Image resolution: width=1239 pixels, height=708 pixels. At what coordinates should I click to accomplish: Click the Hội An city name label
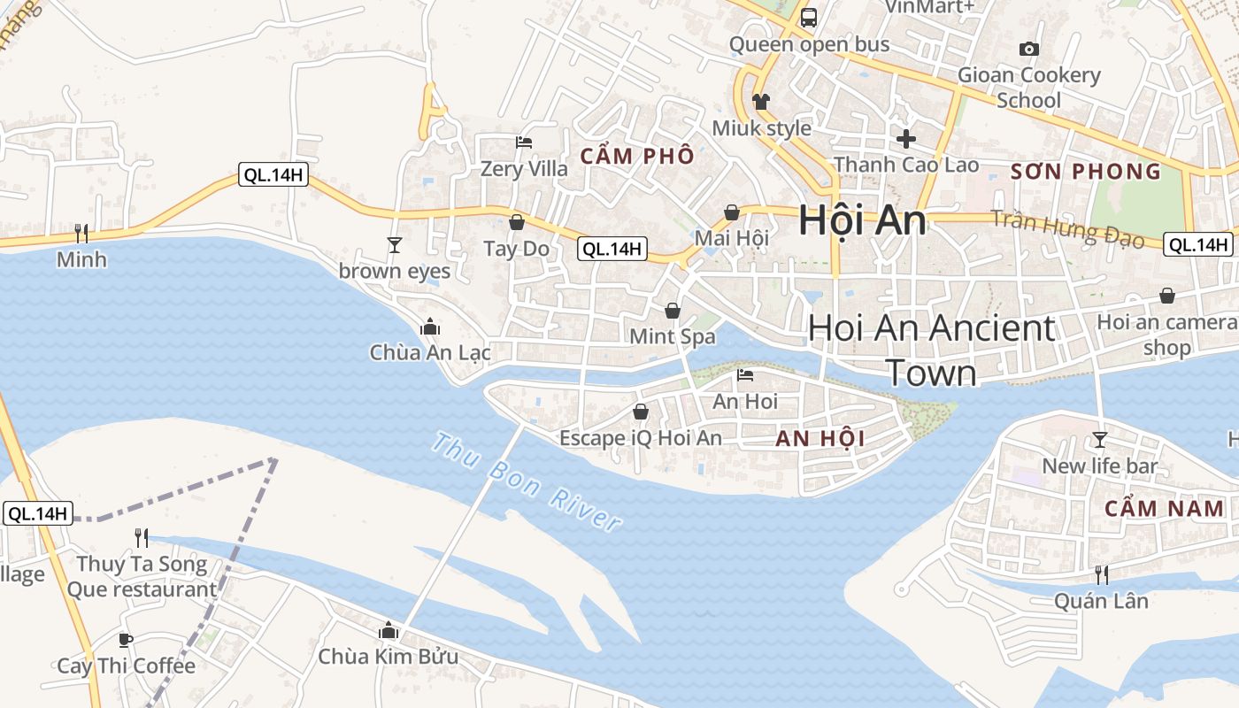click(862, 220)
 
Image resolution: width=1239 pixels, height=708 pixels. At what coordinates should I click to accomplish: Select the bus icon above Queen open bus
click(808, 17)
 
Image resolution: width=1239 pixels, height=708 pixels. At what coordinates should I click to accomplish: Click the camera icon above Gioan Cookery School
click(1028, 49)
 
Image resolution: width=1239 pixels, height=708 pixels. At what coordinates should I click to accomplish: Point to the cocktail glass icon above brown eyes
click(395, 244)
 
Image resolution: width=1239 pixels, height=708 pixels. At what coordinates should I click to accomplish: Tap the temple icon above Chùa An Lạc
click(430, 327)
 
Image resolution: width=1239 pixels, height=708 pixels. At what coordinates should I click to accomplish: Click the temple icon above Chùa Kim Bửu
click(388, 631)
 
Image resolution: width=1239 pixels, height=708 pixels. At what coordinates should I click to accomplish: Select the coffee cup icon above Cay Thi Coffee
click(126, 640)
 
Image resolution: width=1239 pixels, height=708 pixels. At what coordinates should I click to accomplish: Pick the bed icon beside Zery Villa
click(524, 142)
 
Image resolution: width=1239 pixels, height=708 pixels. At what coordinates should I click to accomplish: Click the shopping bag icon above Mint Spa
click(673, 311)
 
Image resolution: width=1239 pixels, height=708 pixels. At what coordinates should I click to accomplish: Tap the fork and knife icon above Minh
click(81, 233)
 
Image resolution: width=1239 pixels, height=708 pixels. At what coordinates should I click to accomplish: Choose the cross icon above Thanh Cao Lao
click(905, 138)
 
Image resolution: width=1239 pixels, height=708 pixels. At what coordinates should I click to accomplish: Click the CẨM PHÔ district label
click(637, 157)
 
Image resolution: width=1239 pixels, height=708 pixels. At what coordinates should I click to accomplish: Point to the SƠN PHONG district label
click(1085, 172)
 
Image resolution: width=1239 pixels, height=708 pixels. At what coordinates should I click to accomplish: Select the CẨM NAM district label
click(1164, 509)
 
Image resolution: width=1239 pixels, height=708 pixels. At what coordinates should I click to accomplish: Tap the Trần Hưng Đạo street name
click(1066, 228)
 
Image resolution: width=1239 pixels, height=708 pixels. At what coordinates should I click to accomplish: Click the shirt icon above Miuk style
click(761, 102)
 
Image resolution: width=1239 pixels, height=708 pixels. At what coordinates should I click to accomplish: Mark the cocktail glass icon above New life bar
click(1100, 440)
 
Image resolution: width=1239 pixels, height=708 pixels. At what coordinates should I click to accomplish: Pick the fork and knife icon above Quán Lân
click(1101, 575)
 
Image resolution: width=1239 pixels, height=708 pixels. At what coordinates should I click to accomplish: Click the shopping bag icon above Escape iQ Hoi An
click(641, 412)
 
